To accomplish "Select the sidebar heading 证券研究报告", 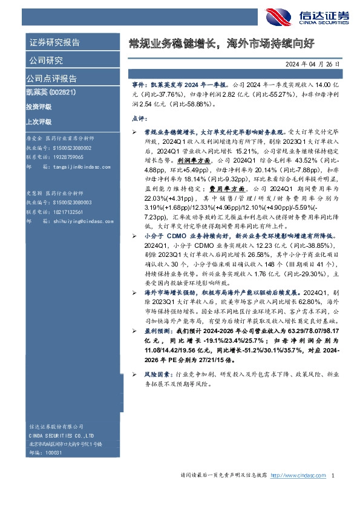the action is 54,43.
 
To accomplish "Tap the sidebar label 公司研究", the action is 45,60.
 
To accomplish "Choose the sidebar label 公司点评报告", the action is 51,79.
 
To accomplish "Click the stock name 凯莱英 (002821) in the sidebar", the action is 50,93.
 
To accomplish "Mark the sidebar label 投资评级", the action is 39,107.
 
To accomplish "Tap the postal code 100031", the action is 53,452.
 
